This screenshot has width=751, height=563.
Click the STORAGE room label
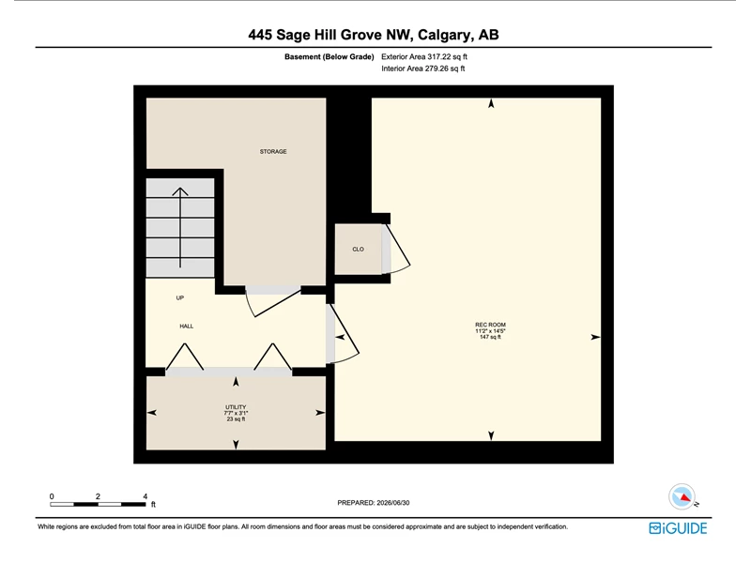(x=273, y=151)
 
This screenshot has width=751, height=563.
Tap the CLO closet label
(x=358, y=249)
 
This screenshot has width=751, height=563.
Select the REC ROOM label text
(x=490, y=325)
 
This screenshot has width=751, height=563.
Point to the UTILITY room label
(x=236, y=407)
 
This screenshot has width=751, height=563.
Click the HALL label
(x=186, y=326)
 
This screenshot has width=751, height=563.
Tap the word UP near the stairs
(x=180, y=297)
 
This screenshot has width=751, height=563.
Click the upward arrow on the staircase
(x=180, y=227)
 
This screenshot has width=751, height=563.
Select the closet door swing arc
(x=398, y=248)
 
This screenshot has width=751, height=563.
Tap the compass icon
(x=682, y=497)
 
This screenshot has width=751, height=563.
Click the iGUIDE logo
(x=678, y=528)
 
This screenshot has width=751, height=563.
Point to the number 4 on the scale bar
(x=145, y=496)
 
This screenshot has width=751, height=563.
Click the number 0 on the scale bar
(x=52, y=496)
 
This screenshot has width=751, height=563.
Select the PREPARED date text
(x=373, y=503)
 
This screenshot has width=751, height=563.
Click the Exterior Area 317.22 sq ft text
(x=424, y=56)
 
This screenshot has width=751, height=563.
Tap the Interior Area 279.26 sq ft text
(x=423, y=68)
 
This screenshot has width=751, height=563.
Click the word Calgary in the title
(x=444, y=35)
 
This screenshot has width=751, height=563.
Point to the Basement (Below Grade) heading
(x=330, y=56)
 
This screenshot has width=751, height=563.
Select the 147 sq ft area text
(x=490, y=337)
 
